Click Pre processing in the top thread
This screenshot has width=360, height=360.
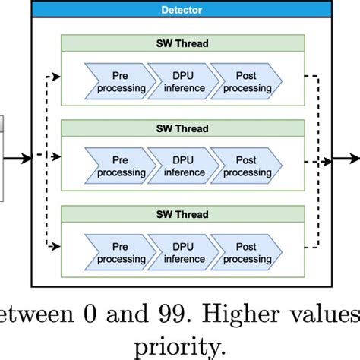pyautogui.click(x=120, y=82)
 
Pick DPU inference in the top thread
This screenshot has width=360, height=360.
pyautogui.click(x=178, y=82)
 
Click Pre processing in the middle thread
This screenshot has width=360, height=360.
pyautogui.click(x=120, y=166)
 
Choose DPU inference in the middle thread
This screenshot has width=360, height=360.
pyautogui.click(x=178, y=166)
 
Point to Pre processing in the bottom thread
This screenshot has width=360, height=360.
pyautogui.click(x=120, y=253)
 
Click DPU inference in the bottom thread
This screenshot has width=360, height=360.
pyautogui.click(x=178, y=253)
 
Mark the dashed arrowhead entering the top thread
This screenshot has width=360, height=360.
pyautogui.click(x=57, y=76)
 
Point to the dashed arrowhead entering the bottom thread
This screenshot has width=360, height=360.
pyautogui.click(x=57, y=246)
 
